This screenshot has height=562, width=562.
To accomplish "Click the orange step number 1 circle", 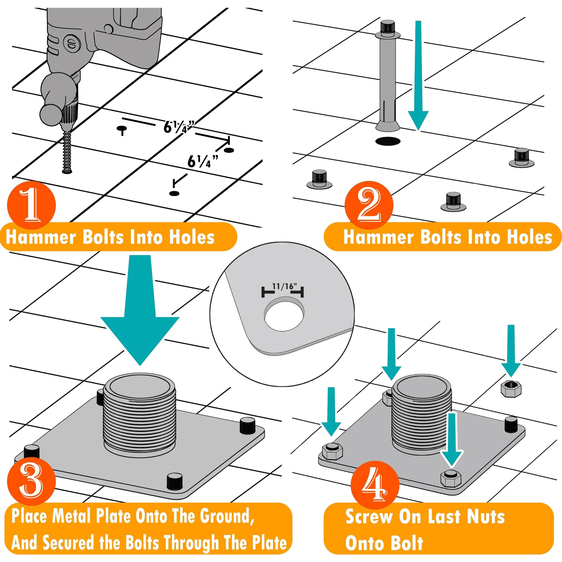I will pyautogui.click(x=31, y=204).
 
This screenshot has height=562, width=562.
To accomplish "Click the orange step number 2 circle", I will pyautogui.click(x=369, y=204).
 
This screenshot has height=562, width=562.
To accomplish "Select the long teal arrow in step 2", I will pyautogui.click(x=418, y=76).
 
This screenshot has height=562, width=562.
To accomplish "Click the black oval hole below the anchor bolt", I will pyautogui.click(x=388, y=142).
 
